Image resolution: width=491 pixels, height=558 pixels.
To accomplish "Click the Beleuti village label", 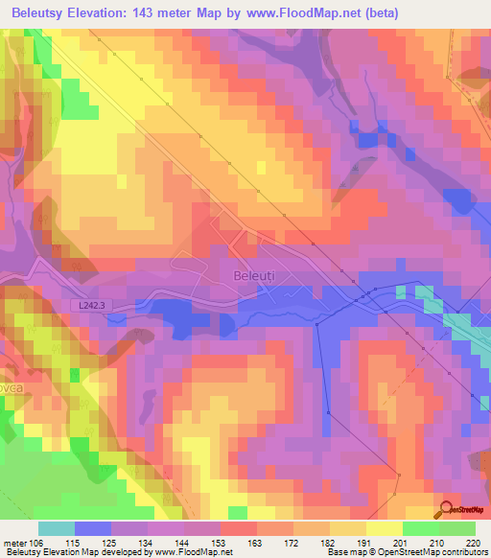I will tap(254, 275).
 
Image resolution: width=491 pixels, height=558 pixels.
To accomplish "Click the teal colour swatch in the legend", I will tap(57, 528).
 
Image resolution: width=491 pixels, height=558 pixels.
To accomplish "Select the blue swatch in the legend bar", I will tap(93, 528).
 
